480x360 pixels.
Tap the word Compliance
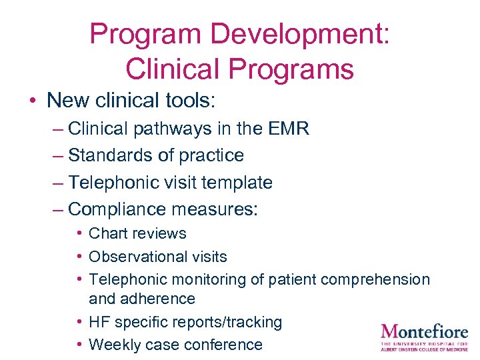point(117,209)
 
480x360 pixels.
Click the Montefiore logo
point(424,335)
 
